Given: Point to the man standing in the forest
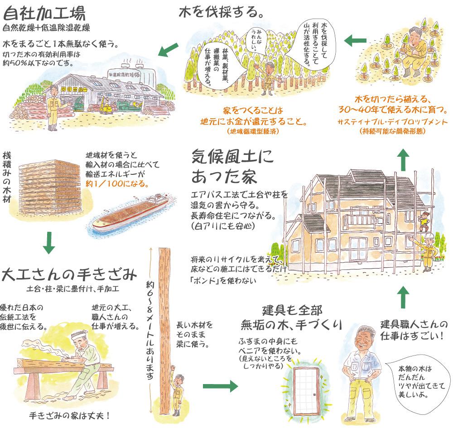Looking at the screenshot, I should point(269,77).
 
